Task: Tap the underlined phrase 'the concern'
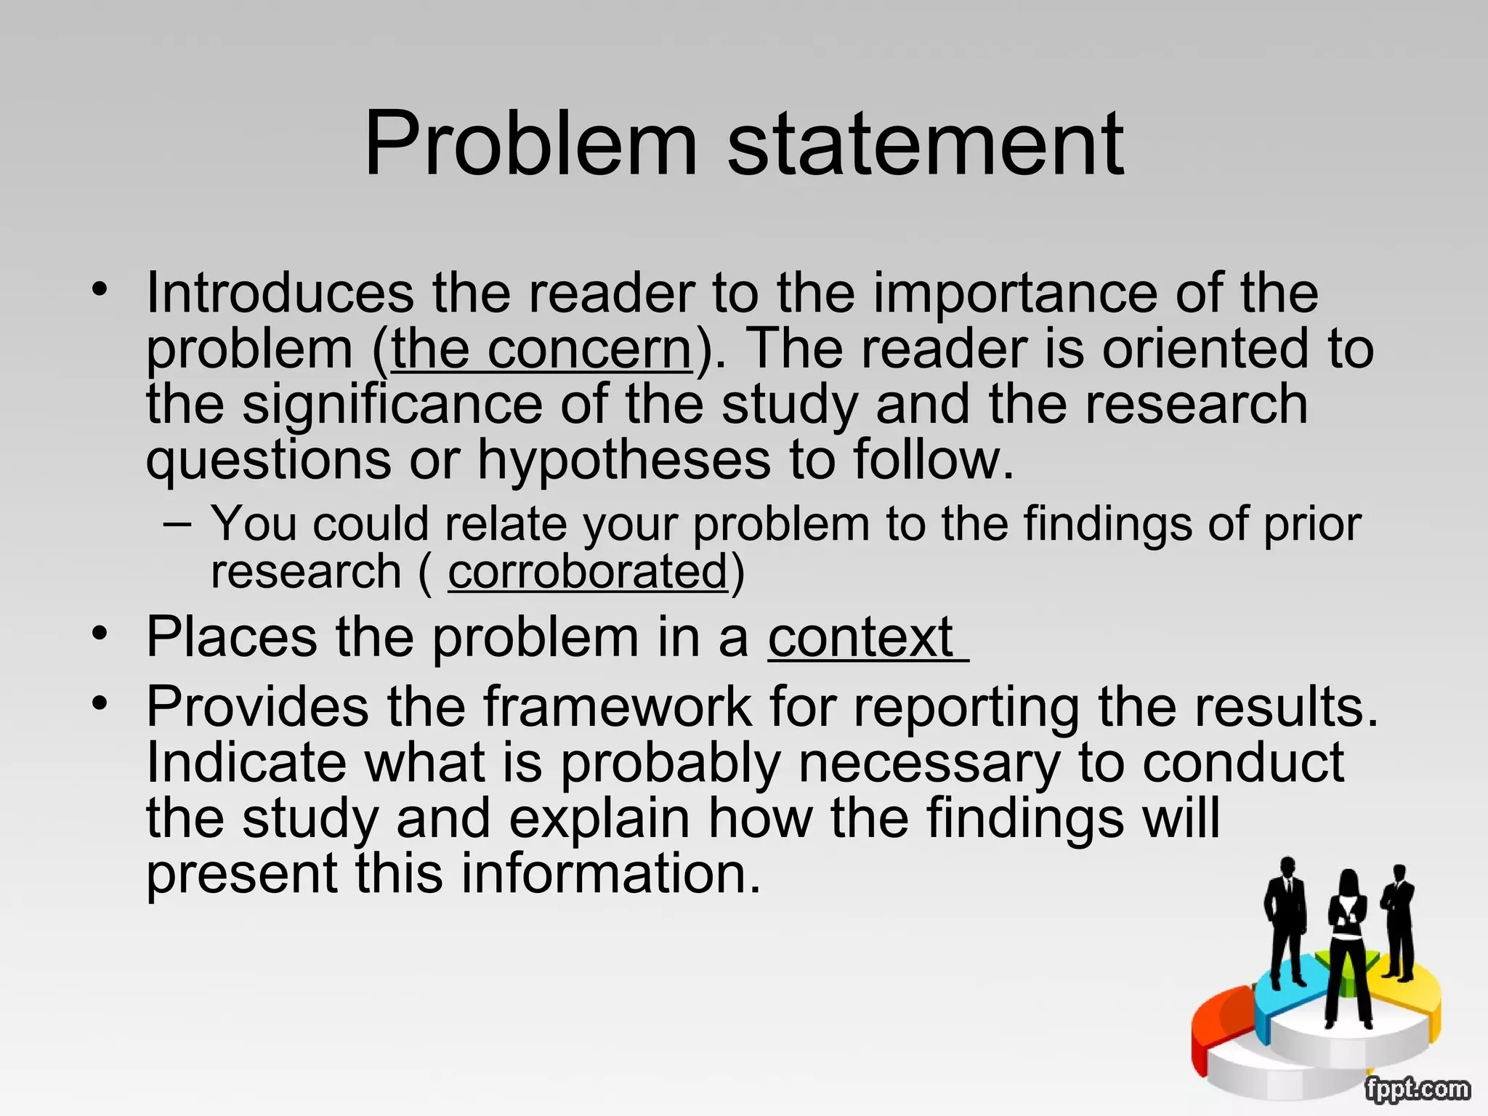pyautogui.click(x=542, y=349)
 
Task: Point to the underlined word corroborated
pyautogui.click(x=587, y=572)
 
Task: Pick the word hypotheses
pyautogui.click(x=624, y=460)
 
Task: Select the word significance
pyautogui.click(x=392, y=405)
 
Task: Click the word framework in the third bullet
pyautogui.click(x=618, y=706)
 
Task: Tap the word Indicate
pyautogui.click(x=246, y=762)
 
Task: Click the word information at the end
pyautogui.click(x=610, y=873)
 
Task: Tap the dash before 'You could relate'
pyautogui.click(x=178, y=523)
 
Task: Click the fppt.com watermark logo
pyautogui.click(x=1416, y=1089)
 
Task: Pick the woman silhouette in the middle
pyautogui.click(x=1348, y=945)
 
